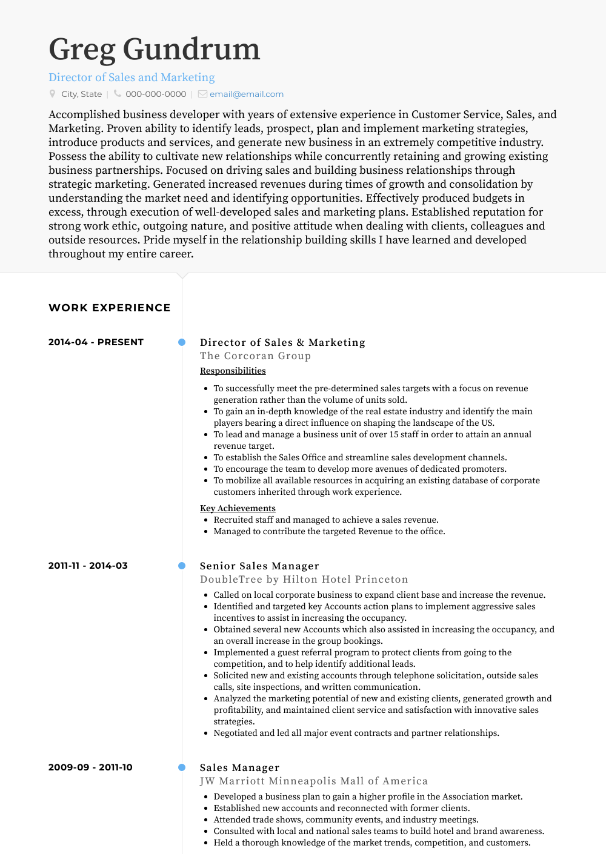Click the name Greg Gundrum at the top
tap(154, 49)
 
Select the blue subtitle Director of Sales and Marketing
tap(132, 78)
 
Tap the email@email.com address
tap(246, 94)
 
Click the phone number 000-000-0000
tap(156, 94)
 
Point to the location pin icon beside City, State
tap(53, 94)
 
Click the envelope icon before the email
tap(202, 94)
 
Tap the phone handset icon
tap(118, 94)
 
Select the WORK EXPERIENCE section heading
tap(109, 308)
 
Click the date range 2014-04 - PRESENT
tap(96, 342)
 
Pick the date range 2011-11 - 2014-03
tap(88, 566)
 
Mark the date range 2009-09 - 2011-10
tap(90, 767)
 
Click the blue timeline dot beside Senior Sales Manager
tap(182, 566)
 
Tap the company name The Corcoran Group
tap(255, 356)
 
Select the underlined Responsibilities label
tap(233, 371)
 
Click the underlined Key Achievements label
tap(238, 508)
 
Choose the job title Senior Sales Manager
tap(259, 566)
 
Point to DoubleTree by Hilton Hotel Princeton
tap(304, 580)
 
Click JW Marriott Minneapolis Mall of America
tap(313, 781)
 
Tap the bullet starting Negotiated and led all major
tap(356, 733)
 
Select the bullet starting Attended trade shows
tap(345, 819)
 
